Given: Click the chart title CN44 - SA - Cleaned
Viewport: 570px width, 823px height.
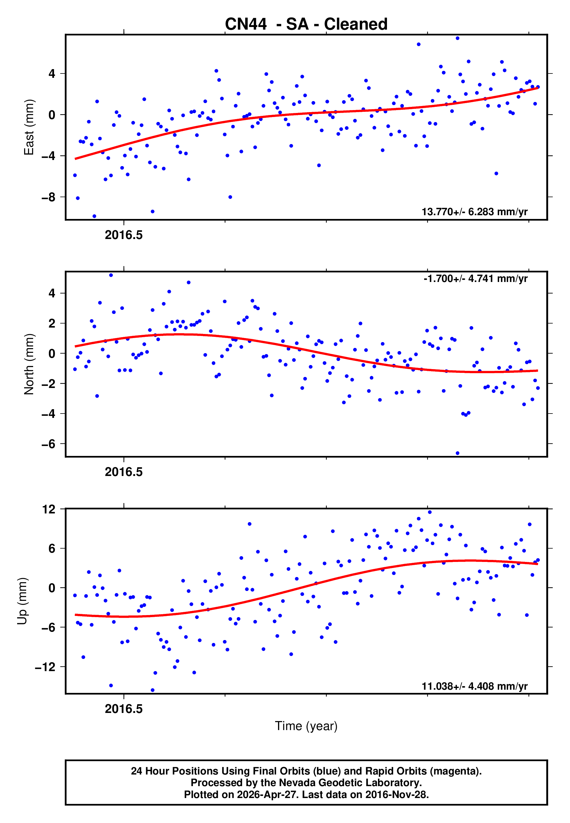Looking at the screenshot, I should pyautogui.click(x=306, y=24).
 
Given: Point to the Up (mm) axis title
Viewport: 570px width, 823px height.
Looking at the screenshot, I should pyautogui.click(x=22, y=601).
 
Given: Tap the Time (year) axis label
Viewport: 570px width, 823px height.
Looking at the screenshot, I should pyautogui.click(x=306, y=726).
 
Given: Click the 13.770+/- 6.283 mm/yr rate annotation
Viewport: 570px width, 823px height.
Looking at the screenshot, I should pyautogui.click(x=474, y=212).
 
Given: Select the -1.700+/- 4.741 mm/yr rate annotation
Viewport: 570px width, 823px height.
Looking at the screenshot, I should pyautogui.click(x=475, y=279).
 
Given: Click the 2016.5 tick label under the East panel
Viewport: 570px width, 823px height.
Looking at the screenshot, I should pyautogui.click(x=123, y=235).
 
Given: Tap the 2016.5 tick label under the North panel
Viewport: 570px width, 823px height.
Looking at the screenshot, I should pyautogui.click(x=123, y=472).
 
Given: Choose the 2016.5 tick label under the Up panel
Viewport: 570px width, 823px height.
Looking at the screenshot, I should pyautogui.click(x=123, y=709).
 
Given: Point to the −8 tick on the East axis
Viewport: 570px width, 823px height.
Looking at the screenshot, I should pyautogui.click(x=48, y=197).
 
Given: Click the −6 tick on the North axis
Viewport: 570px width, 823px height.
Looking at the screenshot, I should pyautogui.click(x=48, y=444).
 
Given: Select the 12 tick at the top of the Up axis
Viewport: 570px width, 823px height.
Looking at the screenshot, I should pyautogui.click(x=49, y=509).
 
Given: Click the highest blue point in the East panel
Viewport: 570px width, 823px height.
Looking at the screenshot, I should pyautogui.click(x=458, y=38).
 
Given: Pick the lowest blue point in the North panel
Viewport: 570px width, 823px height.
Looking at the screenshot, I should pyautogui.click(x=458, y=453).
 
